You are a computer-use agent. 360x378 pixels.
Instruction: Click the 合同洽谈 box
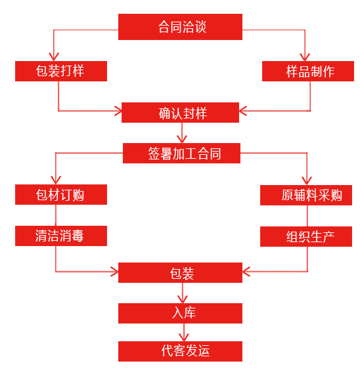tap(180, 27)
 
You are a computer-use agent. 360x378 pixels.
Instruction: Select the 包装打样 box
tap(61, 71)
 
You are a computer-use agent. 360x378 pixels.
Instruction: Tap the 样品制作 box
tap(308, 71)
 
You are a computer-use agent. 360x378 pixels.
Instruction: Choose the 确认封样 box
tap(180, 113)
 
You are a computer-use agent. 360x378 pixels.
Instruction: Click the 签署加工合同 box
tap(181, 154)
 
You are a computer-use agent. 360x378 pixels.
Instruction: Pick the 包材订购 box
tap(61, 194)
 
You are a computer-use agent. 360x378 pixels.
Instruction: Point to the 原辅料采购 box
tap(306, 196)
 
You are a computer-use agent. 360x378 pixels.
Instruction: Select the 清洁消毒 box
tap(61, 236)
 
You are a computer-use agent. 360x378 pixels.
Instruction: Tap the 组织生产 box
tap(306, 236)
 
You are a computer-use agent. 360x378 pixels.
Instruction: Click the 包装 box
tap(180, 272)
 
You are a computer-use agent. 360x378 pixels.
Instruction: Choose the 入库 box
tap(180, 314)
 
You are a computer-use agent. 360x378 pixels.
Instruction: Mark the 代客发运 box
tap(180, 352)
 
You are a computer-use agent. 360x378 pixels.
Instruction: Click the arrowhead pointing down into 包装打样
tap(54, 57)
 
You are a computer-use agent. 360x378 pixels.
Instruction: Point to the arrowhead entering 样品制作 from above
tap(305, 57)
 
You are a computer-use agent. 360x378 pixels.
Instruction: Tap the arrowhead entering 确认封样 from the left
tap(118, 111)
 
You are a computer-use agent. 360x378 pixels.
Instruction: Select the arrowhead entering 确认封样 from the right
tap(243, 111)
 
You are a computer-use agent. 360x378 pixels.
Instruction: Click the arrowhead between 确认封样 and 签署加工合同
tap(182, 139)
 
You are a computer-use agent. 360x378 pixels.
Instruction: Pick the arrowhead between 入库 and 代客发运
tap(184, 337)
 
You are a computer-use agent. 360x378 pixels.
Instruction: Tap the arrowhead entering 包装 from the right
tap(246, 272)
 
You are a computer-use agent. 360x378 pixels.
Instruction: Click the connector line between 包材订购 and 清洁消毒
tap(56, 215)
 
